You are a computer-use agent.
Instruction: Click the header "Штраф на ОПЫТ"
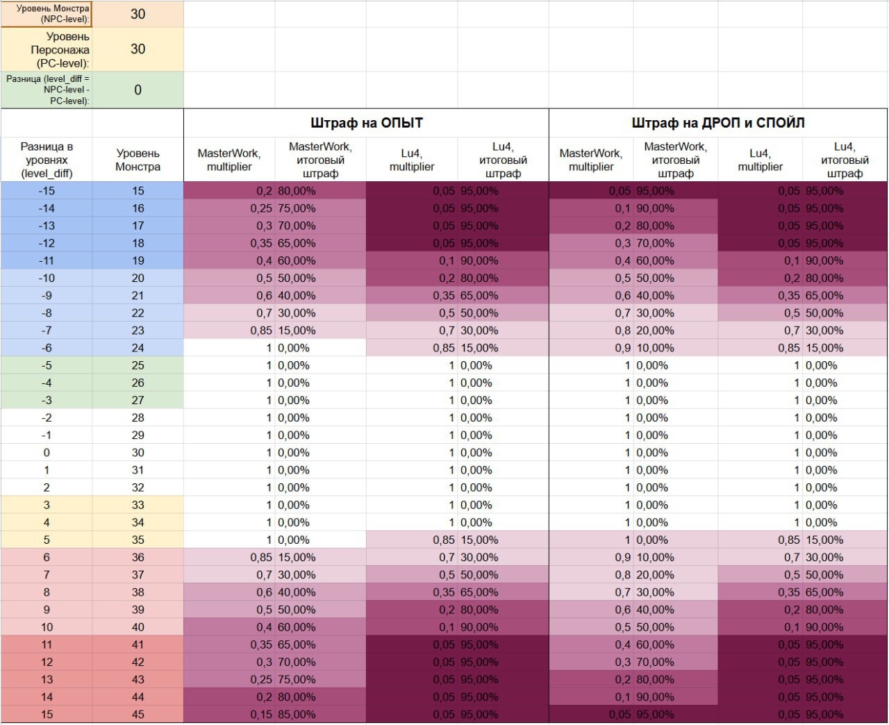[x=366, y=123]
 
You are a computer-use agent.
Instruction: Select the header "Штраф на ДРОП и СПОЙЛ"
[x=717, y=123]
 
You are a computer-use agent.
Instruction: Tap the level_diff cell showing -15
[x=47, y=191]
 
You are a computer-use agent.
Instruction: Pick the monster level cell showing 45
[x=138, y=715]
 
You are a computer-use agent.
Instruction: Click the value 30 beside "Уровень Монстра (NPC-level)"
[x=138, y=14]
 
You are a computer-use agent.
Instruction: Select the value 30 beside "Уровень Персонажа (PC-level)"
[x=138, y=49]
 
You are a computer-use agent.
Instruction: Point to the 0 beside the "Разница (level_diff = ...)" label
[x=138, y=90]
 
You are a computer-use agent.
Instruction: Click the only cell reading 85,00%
[x=297, y=715]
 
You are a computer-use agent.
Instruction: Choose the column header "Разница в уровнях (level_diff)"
[x=47, y=160]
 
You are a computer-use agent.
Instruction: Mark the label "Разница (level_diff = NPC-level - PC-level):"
[x=47, y=90]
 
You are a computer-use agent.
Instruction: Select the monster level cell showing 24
[x=138, y=348]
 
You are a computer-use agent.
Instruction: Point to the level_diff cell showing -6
[x=47, y=348]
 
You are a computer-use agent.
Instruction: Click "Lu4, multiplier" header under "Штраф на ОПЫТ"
[x=411, y=160]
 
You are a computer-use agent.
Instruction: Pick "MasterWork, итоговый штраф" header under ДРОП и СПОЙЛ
[x=675, y=160]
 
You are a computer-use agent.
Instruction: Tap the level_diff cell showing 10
[x=47, y=627]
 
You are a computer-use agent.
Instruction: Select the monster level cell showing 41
[x=138, y=644]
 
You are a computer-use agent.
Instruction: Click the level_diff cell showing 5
[x=47, y=540]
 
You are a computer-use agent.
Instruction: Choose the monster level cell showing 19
[x=138, y=261]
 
